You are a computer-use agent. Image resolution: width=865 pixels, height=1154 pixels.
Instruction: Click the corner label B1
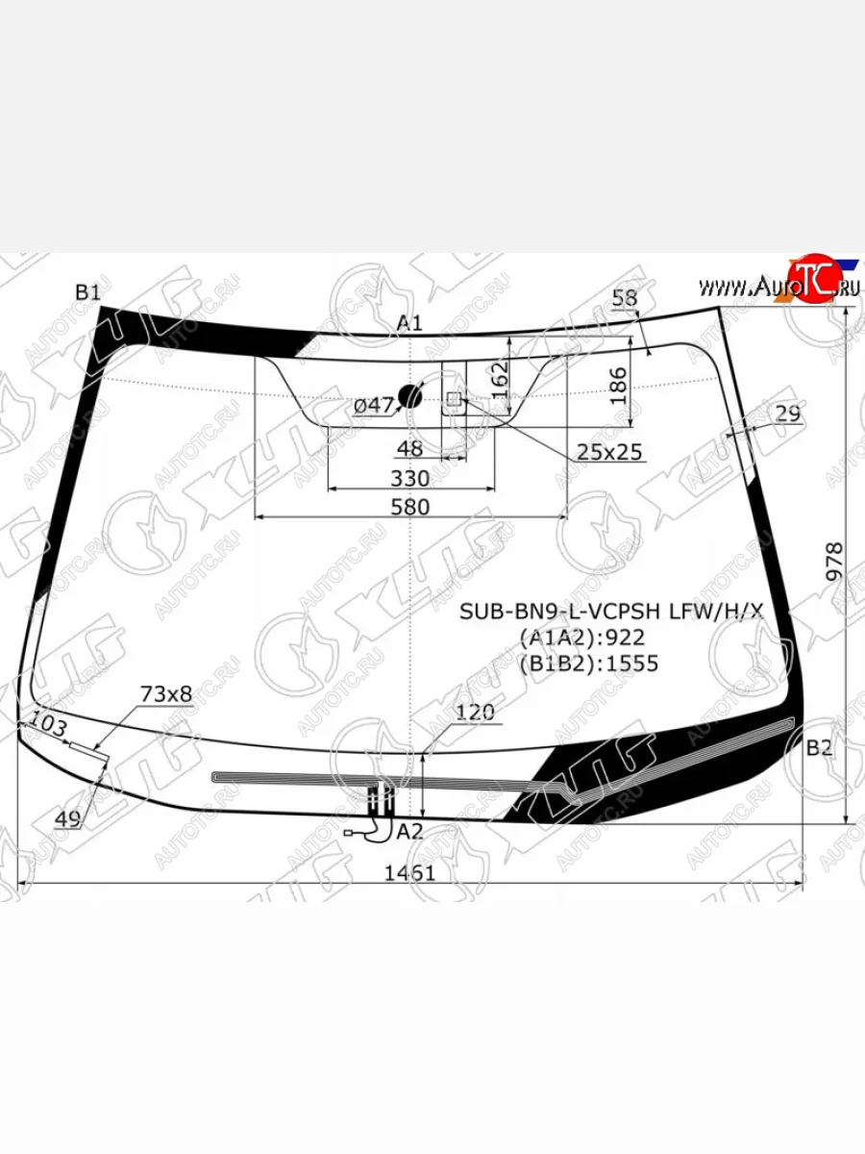pos(87,292)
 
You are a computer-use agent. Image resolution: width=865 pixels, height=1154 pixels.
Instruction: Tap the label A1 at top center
pos(410,323)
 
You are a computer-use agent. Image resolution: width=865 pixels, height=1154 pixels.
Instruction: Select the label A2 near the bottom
pos(410,831)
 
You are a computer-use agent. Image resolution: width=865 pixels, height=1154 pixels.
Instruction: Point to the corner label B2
pos(819,748)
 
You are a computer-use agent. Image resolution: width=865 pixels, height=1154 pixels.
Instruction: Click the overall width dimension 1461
pos(410,873)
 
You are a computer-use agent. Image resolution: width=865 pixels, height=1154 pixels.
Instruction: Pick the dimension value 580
pos(410,506)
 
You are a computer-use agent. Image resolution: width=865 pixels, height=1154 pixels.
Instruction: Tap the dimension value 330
pos(410,478)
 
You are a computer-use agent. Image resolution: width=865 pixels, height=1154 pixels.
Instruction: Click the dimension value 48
pos(410,449)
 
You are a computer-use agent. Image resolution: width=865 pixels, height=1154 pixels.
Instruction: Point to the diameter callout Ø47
pos(374,406)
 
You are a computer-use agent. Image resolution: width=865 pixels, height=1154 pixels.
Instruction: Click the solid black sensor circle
pos(410,394)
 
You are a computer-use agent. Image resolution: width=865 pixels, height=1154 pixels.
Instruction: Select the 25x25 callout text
pos(609,452)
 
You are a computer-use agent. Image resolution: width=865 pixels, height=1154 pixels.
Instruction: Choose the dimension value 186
pos(619,385)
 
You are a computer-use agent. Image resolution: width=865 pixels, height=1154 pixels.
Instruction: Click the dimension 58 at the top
pos(625,299)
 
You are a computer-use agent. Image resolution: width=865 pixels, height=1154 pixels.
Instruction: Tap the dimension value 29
pos(788,414)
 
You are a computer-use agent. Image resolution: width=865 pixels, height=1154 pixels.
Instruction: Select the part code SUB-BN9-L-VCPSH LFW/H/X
pos(610,611)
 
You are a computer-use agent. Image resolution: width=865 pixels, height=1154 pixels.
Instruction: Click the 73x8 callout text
pos(166,693)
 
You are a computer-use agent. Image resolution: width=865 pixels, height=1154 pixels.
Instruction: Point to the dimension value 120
pos(475,713)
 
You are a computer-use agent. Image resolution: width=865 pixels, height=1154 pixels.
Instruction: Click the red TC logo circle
pos(812,281)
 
